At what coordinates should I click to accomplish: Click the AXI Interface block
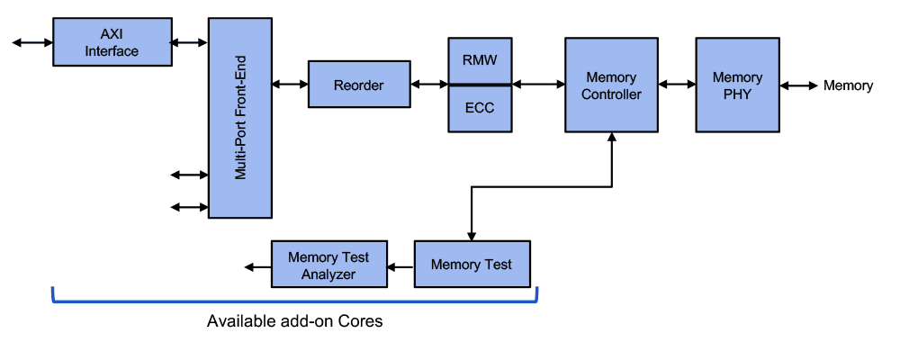point(112,42)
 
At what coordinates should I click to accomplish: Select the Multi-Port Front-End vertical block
point(240,117)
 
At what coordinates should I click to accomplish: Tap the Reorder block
point(359,85)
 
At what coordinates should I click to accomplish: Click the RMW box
point(480,61)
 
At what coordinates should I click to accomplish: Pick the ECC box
point(480,109)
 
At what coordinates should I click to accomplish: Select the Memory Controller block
point(611,85)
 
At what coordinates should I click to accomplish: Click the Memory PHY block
point(737,85)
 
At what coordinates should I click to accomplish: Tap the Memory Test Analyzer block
point(328,265)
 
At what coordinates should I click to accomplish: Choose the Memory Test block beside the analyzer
point(472,265)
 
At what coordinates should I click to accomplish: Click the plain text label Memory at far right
point(848,85)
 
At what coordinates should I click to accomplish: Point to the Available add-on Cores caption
point(294,321)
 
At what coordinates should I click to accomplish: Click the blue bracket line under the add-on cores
point(294,301)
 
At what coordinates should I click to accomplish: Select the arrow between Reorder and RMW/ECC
point(430,85)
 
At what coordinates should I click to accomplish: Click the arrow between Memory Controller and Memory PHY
point(677,85)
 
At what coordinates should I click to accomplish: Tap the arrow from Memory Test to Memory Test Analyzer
point(400,265)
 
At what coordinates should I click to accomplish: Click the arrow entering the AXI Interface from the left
point(32,42)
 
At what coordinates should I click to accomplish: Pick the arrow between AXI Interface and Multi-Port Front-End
point(190,42)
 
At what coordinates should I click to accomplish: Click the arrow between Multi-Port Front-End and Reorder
point(290,85)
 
